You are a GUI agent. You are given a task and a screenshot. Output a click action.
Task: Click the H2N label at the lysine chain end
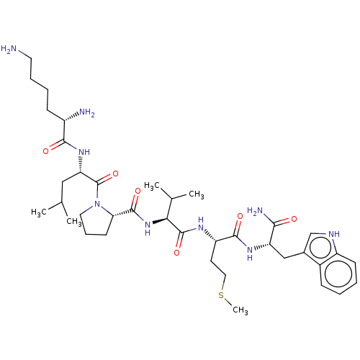pyautogui.click(x=9, y=49)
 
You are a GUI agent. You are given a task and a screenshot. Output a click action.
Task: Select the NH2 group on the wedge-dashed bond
pyautogui.click(x=87, y=112)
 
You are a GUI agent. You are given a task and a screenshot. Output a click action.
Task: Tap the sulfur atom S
pyautogui.click(x=221, y=295)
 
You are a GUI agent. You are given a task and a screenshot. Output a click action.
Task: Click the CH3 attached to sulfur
pyautogui.click(x=240, y=310)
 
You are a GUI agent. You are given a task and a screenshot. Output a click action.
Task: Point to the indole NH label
pyautogui.click(x=334, y=234)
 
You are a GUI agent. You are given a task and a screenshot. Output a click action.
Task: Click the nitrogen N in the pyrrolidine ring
pyautogui.click(x=97, y=204)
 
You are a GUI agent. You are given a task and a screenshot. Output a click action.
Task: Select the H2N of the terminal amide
pyautogui.click(x=256, y=211)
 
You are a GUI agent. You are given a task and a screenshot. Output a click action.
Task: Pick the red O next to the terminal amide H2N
pyautogui.click(x=294, y=219)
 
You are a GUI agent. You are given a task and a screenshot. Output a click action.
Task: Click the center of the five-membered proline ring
pyautogui.click(x=96, y=222)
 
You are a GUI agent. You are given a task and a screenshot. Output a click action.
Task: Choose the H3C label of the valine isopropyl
pyautogui.click(x=152, y=186)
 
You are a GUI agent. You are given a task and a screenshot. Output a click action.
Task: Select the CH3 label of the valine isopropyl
pyautogui.click(x=197, y=194)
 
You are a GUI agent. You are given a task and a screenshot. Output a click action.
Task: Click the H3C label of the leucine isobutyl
pyautogui.click(x=39, y=212)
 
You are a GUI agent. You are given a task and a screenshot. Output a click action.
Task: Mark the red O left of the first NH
pyautogui.click(x=46, y=151)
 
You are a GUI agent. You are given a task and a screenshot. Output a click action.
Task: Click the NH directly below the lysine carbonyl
pyautogui.click(x=84, y=152)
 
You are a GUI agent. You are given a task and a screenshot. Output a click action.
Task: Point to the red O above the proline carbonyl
pyautogui.click(x=138, y=191)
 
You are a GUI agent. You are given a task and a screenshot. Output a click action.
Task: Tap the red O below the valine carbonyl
pyautogui.click(x=176, y=253)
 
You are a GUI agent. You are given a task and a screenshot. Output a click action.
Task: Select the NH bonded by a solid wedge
pyautogui.click(x=148, y=228)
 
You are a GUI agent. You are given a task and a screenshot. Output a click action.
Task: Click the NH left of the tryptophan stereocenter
pyautogui.click(x=250, y=253)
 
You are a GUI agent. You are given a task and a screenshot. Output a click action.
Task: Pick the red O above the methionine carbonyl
pyautogui.click(x=240, y=216)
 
